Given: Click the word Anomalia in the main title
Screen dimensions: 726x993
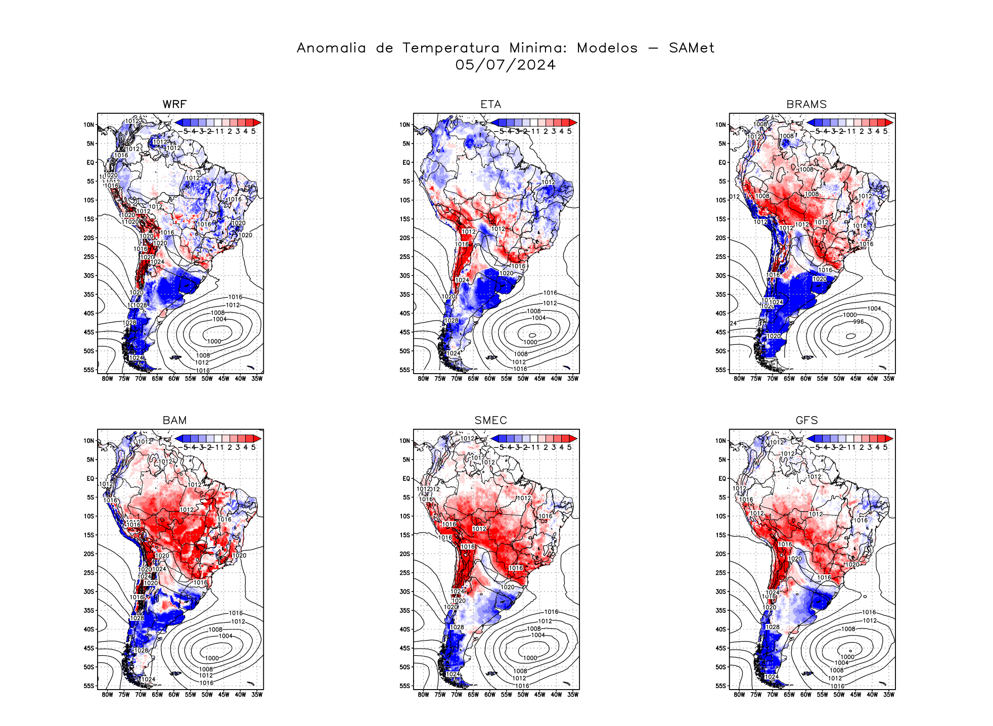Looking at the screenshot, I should [331, 48].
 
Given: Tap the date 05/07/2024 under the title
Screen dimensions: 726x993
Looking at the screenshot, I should [505, 65].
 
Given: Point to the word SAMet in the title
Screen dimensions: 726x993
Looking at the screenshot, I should [691, 48].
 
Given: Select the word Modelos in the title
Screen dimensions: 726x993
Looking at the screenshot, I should [607, 48].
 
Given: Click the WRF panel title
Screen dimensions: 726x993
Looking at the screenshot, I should [174, 105].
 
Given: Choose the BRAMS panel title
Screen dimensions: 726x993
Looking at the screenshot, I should [806, 105].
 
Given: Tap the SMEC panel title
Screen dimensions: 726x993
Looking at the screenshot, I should [490, 421].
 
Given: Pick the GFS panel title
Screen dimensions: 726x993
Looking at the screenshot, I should [806, 421].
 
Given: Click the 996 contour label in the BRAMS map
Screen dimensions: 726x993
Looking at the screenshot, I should [859, 322].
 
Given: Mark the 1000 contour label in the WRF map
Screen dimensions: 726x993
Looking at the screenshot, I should [214, 341].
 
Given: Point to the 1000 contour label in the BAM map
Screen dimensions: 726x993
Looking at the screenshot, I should [212, 658].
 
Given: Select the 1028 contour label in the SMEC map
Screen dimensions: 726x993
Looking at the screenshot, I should [457, 627].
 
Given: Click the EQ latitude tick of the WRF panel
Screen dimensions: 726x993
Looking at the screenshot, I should [91, 163].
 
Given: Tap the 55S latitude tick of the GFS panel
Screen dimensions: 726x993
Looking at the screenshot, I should [721, 686].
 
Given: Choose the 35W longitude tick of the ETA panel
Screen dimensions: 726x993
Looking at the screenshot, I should [573, 379].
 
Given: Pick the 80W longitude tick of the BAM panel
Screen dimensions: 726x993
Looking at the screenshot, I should [107, 695].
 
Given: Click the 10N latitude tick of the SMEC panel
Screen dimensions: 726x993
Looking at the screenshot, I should [405, 441].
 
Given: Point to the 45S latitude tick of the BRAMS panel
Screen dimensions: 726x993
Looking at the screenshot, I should [721, 332].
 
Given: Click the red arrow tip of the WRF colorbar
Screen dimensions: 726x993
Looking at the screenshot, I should [258, 122].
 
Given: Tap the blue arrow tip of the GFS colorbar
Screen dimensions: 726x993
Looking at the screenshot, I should [810, 438].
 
